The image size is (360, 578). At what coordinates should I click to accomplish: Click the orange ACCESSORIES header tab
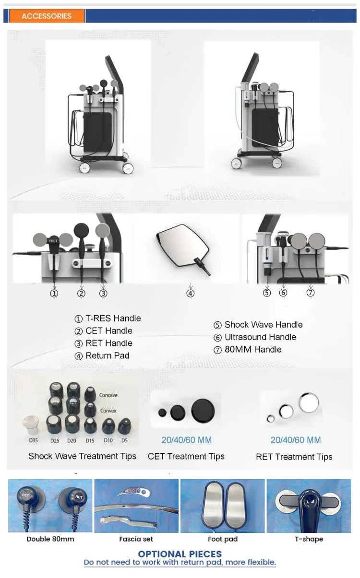tap(47, 16)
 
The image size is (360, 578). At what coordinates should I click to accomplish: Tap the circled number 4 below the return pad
tap(191, 293)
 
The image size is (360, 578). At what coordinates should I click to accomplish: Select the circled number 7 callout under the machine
tap(311, 293)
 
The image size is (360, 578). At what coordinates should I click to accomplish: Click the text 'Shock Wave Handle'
tap(264, 325)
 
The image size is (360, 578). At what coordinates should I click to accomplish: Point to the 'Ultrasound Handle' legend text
tap(260, 337)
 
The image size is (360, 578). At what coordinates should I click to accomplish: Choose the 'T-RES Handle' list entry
tap(113, 318)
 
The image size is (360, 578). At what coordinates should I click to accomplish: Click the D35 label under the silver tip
tap(33, 440)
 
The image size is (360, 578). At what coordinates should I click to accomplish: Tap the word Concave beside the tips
tap(108, 395)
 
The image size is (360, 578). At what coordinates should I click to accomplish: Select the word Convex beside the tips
tap(108, 411)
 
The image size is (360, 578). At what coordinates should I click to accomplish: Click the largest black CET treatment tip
tap(203, 411)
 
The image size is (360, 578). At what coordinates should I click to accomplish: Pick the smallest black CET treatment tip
tap(162, 413)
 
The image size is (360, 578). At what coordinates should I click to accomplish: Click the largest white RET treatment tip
tap(309, 403)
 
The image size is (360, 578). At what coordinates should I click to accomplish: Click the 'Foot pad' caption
tap(223, 539)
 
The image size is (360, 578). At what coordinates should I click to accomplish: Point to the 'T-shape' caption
tap(309, 539)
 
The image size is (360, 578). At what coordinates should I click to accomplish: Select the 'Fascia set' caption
tap(136, 539)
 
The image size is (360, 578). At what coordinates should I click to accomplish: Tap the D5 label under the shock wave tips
tap(124, 440)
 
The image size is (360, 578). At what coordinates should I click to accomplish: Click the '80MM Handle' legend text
tap(253, 349)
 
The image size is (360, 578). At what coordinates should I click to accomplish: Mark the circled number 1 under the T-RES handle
tap(54, 294)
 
